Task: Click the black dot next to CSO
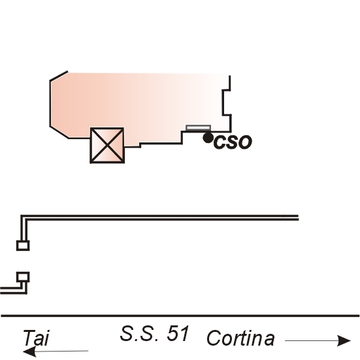click(x=208, y=138)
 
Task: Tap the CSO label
click(x=233, y=142)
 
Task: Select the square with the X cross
click(x=107, y=145)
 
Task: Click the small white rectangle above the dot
click(x=198, y=128)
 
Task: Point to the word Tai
click(x=36, y=338)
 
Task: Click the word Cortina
click(x=240, y=338)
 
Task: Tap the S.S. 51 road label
click(x=154, y=333)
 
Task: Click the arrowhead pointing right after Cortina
click(x=344, y=340)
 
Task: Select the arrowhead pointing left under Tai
click(x=29, y=352)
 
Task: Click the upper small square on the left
click(x=23, y=246)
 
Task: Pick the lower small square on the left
click(x=23, y=277)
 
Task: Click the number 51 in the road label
click(x=178, y=333)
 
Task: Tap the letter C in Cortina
click(x=214, y=338)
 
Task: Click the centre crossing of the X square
click(x=107, y=145)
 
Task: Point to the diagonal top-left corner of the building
click(x=59, y=76)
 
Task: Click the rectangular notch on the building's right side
click(x=226, y=102)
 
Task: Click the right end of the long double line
click(x=299, y=218)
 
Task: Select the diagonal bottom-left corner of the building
click(x=59, y=132)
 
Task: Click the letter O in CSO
click(x=244, y=142)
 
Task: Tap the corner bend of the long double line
click(x=24, y=218)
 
